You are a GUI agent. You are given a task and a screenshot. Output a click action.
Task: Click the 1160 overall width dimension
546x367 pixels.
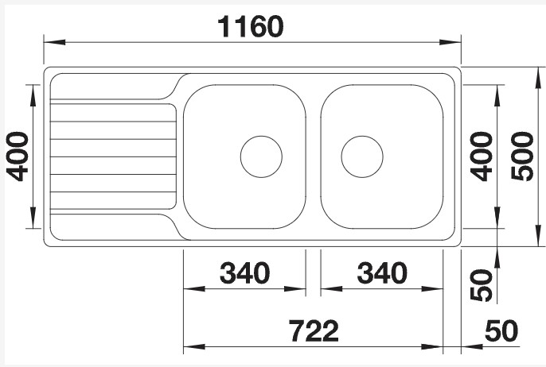251,26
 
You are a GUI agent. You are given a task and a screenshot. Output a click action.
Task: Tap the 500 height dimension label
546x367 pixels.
522,156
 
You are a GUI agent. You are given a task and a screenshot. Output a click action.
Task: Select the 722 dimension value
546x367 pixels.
314,330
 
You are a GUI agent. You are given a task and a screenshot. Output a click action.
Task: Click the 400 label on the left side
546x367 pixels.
18,156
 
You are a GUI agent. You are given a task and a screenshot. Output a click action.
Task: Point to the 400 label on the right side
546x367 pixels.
481,156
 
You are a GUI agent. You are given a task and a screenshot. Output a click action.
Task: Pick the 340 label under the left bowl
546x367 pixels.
244,273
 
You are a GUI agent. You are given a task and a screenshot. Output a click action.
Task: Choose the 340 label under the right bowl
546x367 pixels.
382,273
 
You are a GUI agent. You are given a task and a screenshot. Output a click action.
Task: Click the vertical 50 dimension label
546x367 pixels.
481,285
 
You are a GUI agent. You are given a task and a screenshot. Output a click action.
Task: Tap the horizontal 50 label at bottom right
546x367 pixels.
501,330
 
